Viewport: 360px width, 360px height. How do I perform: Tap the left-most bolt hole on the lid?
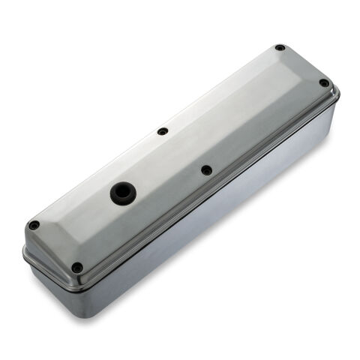tap(34, 225)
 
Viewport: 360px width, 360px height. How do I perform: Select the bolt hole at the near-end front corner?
tap(77, 267)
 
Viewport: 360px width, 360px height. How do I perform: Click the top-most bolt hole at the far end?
tap(280, 48)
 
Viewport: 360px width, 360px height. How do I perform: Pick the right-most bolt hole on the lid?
tap(324, 82)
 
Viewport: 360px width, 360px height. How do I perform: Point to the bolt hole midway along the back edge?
tap(163, 131)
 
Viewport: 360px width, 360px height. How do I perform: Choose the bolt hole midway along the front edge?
tap(206, 170)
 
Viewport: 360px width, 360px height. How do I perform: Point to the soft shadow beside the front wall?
tap(247, 247)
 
